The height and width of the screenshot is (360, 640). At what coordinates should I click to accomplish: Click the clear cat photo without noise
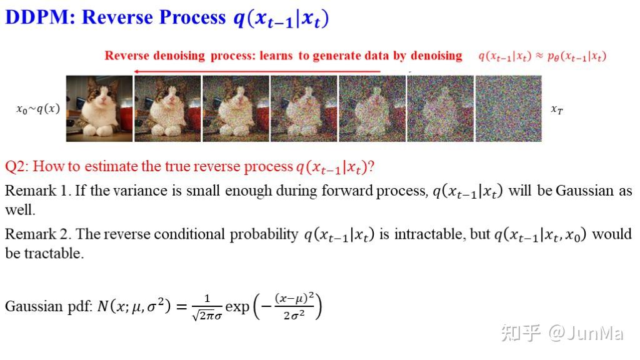[x=99, y=109]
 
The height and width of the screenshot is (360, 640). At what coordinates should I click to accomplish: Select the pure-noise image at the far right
[x=508, y=109]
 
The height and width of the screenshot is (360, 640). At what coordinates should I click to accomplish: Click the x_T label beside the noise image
[x=556, y=109]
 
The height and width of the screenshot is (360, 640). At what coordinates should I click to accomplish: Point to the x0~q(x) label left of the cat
[x=38, y=109]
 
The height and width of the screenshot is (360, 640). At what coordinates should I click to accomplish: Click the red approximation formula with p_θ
[x=542, y=56]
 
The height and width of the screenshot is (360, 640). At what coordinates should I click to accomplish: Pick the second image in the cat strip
[x=167, y=109]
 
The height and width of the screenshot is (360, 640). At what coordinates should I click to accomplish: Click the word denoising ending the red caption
[x=436, y=56]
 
